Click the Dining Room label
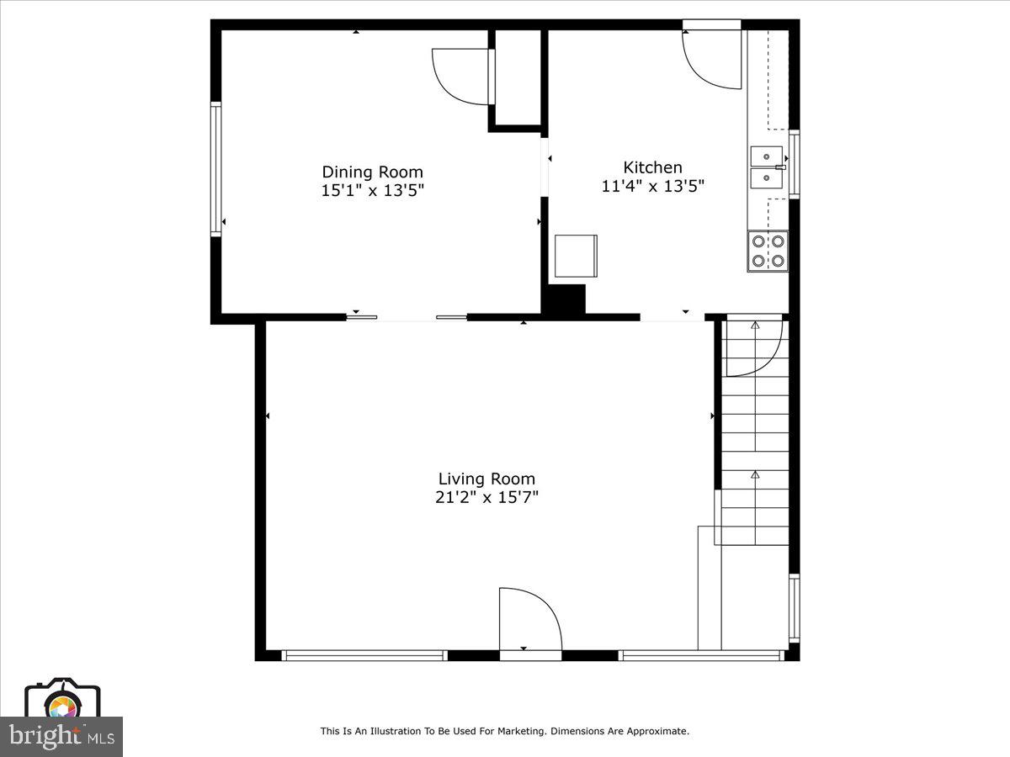tap(372, 172)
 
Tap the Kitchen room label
tap(652, 167)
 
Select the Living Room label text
tap(486, 479)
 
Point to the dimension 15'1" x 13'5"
tap(372, 191)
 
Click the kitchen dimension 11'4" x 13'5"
tap(652, 186)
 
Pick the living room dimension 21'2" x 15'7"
tap(486, 497)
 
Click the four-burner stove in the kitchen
tap(768, 251)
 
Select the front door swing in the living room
tap(529, 619)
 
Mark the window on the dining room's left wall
tap(215, 168)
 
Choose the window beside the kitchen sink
tap(794, 164)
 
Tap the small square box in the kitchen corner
tap(576, 255)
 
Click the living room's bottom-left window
tap(364, 654)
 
